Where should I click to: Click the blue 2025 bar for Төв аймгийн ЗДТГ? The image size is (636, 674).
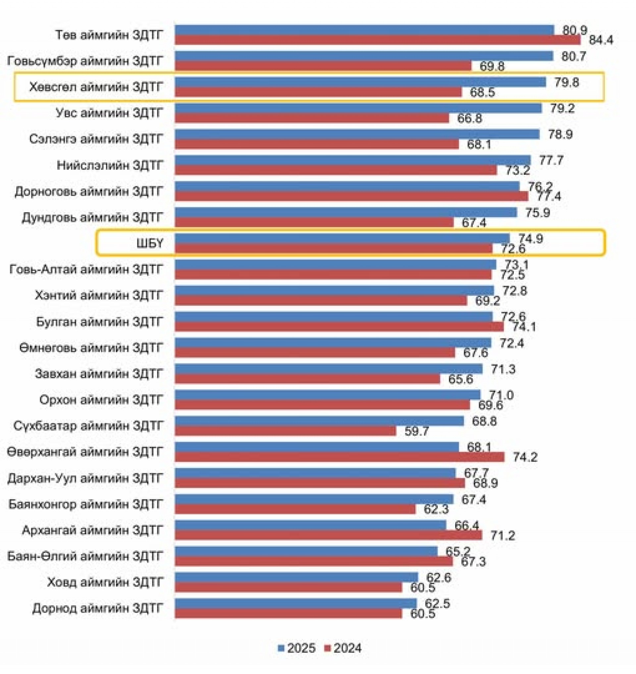364,30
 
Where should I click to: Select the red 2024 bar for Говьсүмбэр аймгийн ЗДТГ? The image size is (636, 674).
323,66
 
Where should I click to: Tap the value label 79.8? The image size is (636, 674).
566,82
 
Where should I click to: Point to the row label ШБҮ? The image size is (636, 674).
150,243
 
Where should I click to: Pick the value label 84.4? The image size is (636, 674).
601,40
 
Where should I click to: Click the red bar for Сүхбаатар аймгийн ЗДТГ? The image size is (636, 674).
286,431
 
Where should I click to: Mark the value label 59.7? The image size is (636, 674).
417,431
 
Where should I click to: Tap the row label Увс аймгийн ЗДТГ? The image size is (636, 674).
110,113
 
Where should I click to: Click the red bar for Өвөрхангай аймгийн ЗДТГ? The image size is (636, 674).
340,457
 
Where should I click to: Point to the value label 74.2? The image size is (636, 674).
525,457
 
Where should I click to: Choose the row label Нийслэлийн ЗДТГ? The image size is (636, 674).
110,165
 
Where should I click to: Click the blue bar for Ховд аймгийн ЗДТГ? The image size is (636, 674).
297,577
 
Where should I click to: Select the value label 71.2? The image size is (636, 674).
503,535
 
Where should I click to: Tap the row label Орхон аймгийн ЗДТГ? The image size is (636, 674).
101,400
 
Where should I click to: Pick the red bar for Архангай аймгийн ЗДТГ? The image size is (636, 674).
328,535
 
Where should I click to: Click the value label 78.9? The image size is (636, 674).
560,134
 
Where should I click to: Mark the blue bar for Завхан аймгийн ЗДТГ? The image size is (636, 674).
329,369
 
